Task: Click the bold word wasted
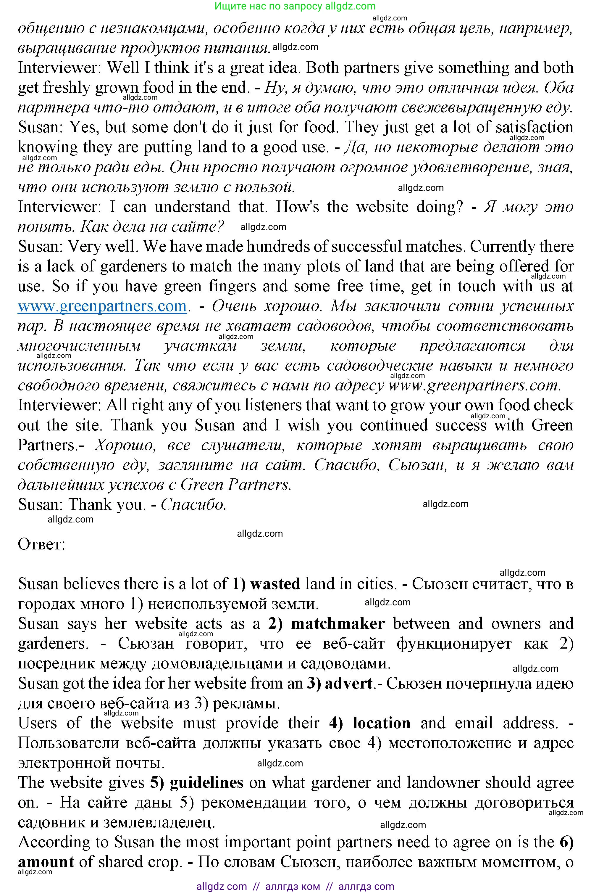point(275,584)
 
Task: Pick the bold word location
point(382,723)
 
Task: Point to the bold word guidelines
point(206,783)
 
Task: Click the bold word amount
point(46,862)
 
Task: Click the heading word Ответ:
point(41,544)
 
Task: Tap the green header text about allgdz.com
point(295,6)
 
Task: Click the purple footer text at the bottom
point(295,887)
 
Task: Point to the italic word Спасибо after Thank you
point(193,505)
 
